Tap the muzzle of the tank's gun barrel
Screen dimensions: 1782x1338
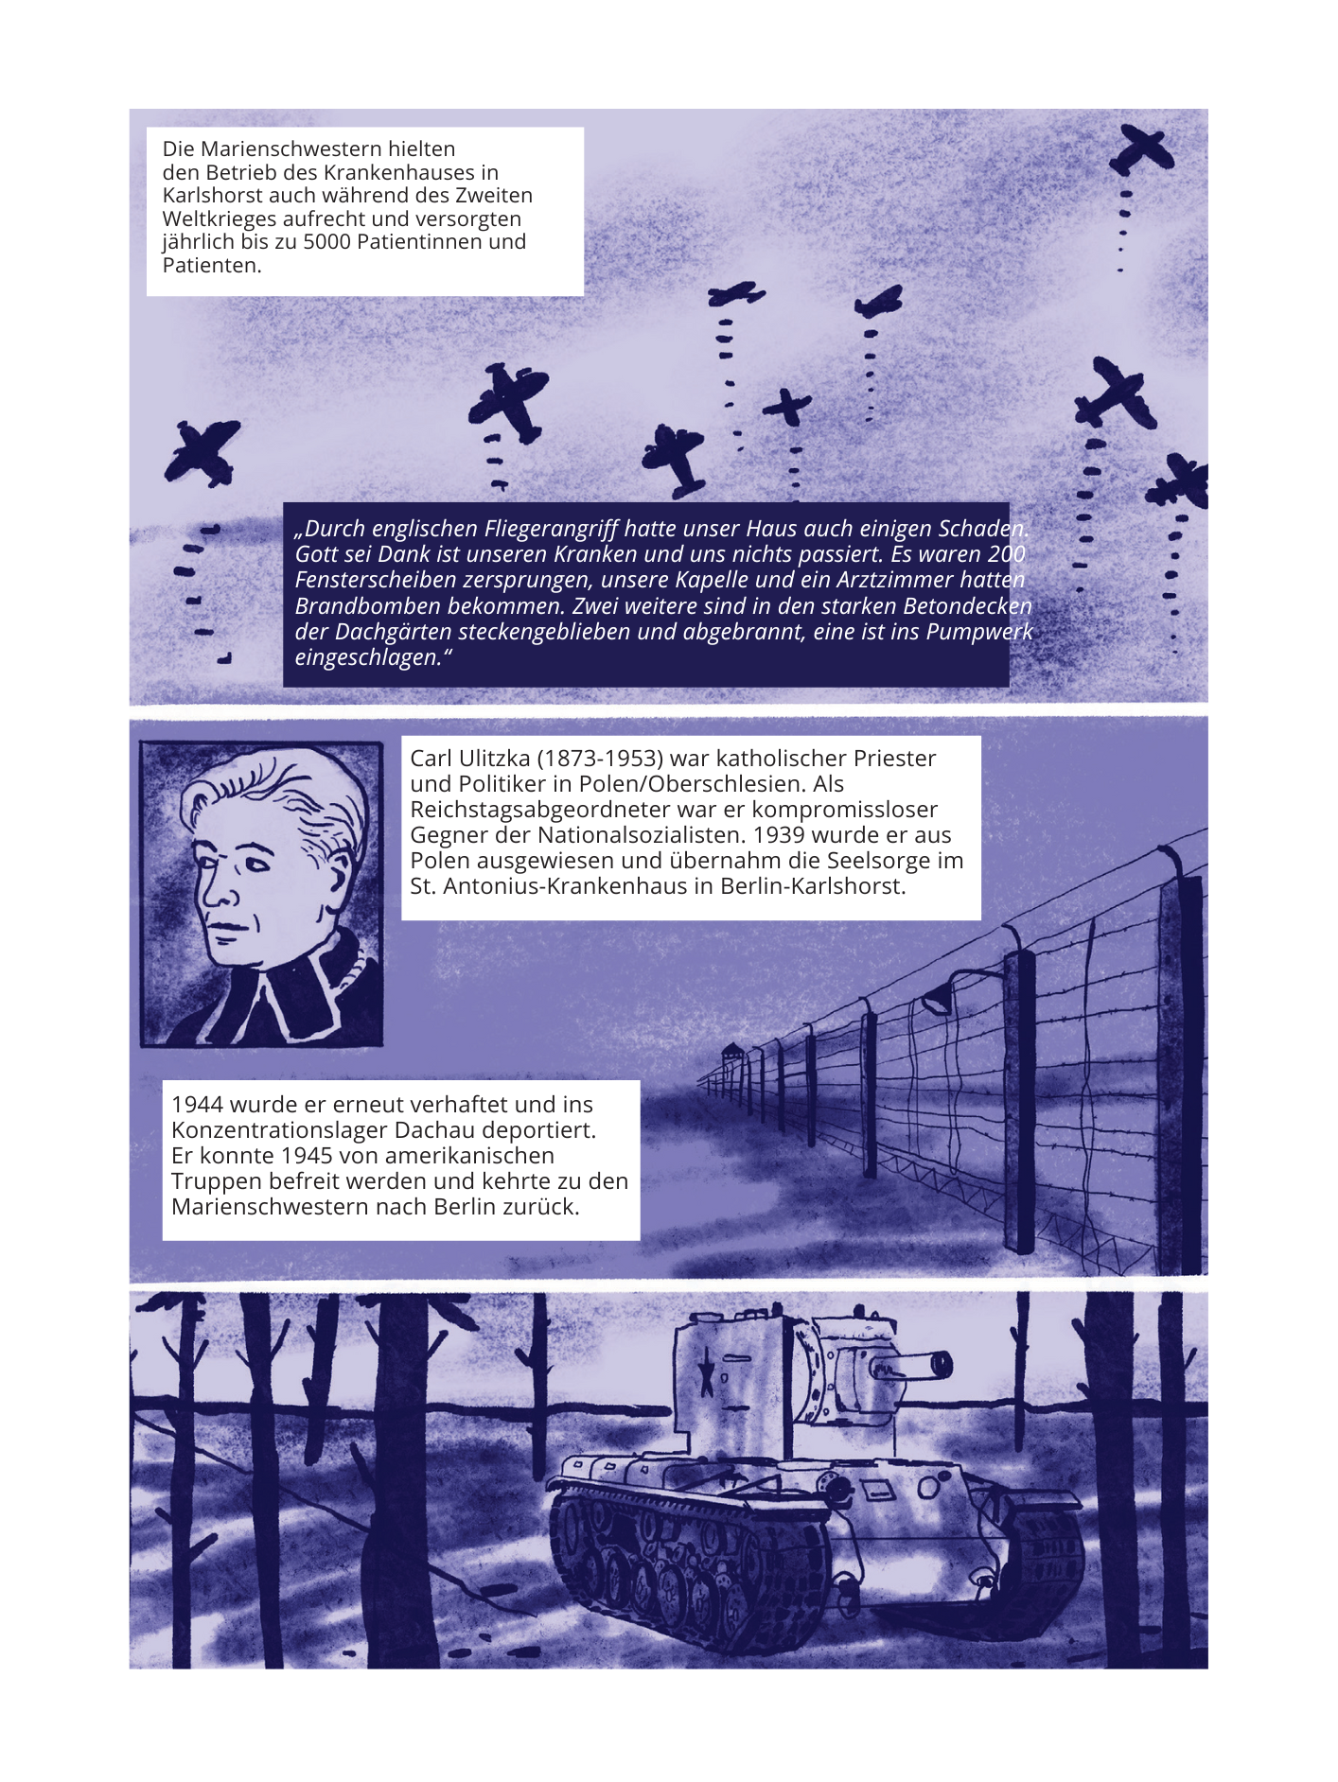(x=942, y=1364)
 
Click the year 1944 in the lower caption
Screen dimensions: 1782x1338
(x=197, y=1105)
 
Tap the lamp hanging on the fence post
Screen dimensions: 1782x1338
(x=938, y=997)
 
